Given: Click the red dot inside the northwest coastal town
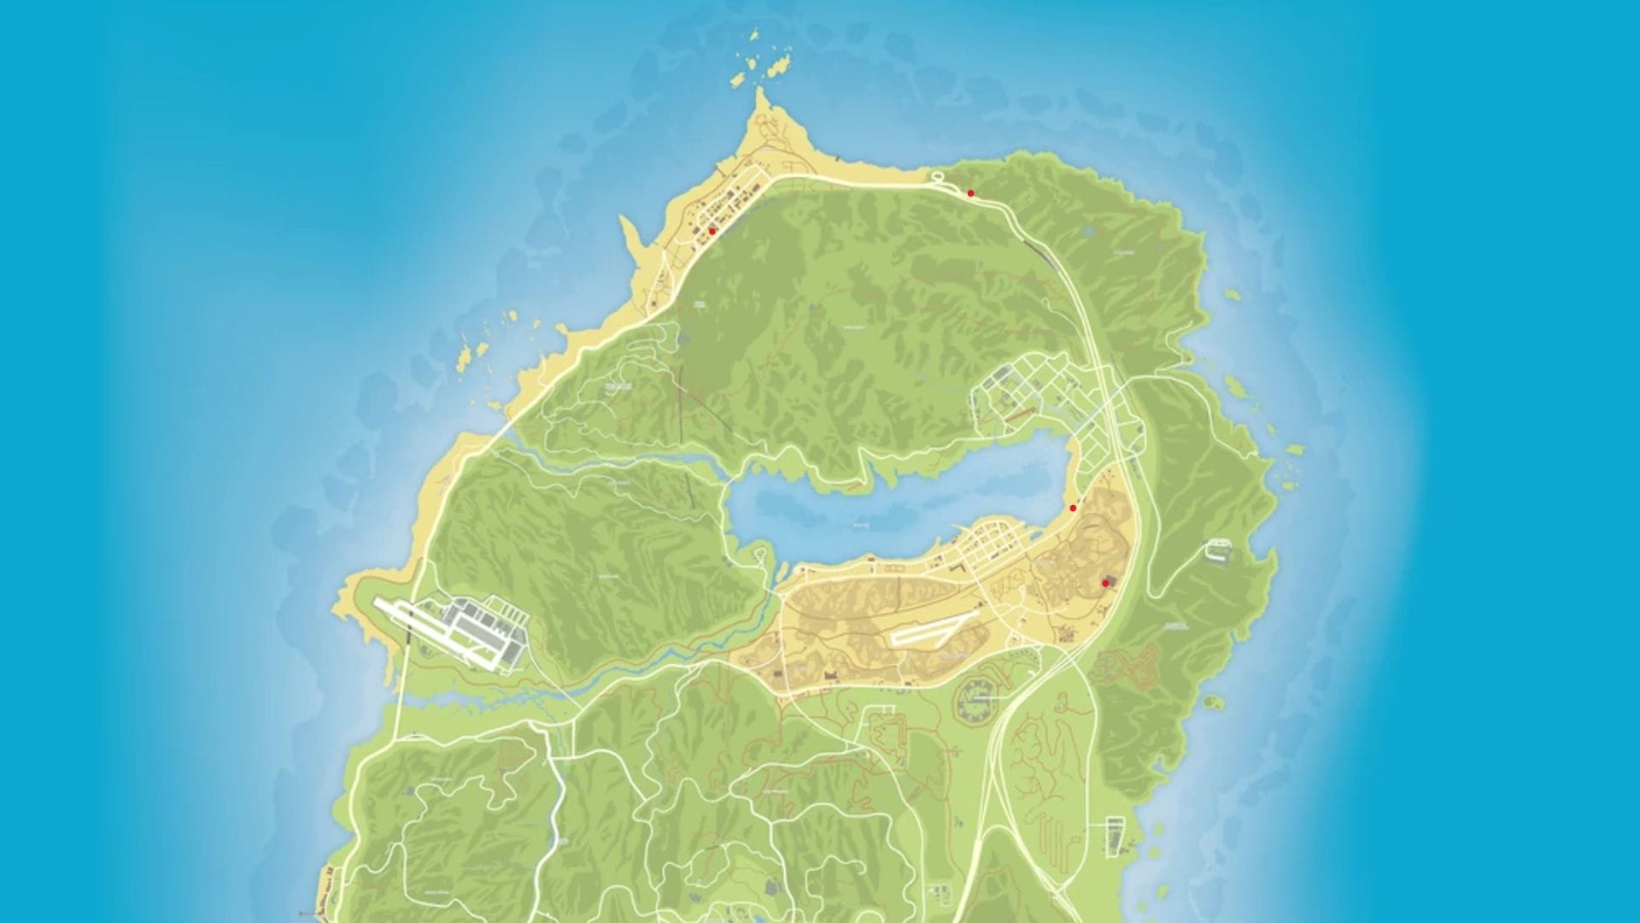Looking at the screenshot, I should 712,231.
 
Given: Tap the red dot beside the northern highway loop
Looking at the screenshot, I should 970,193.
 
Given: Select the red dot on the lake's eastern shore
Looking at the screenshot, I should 1073,508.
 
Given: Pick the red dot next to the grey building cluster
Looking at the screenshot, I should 1105,583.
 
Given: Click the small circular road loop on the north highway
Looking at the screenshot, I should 937,177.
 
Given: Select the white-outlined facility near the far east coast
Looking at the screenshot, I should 1219,549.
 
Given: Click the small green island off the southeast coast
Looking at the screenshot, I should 1214,703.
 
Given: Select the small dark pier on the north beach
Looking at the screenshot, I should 837,159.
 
